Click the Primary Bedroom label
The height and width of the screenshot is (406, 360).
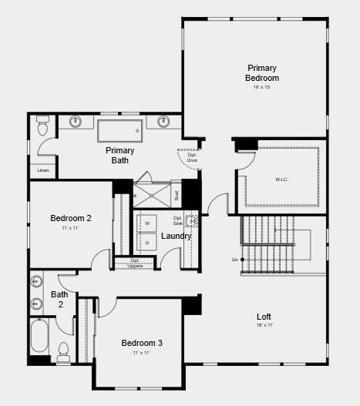[x=262, y=73]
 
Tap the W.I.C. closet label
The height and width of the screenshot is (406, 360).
[x=281, y=180]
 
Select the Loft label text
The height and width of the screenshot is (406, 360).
[x=264, y=317]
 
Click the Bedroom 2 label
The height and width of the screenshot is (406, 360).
[x=71, y=218]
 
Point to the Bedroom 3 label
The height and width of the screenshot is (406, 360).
[x=142, y=343]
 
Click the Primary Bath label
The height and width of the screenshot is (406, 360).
[x=120, y=155]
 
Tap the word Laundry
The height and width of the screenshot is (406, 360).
[x=176, y=235]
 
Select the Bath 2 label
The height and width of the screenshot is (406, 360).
[x=59, y=299]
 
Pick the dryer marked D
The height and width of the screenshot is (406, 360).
[x=146, y=243]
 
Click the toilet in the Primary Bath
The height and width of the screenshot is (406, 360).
[x=42, y=123]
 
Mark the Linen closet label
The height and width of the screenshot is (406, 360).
[x=42, y=169]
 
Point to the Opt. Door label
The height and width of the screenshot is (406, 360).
[x=192, y=157]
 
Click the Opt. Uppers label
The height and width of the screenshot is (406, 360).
[x=135, y=263]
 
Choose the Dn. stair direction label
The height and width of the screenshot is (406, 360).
[x=234, y=260]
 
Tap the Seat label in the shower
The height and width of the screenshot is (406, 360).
[x=176, y=196]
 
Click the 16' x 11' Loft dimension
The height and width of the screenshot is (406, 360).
[x=264, y=325]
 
